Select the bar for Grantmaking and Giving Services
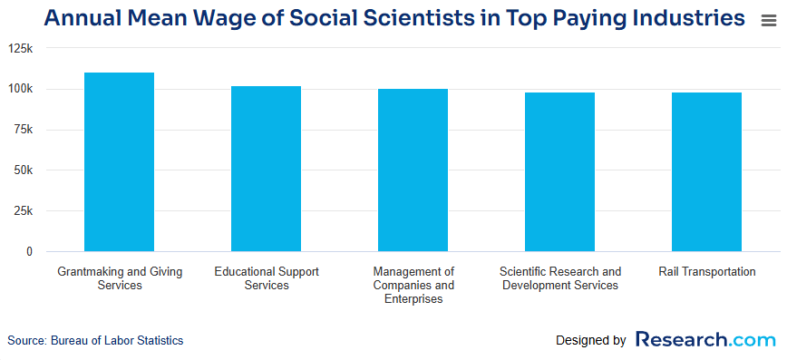click(119, 161)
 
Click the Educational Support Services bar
click(266, 169)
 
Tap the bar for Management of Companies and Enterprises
click(413, 170)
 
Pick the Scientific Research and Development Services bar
click(559, 171)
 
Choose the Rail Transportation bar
click(706, 171)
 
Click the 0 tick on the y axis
click(29, 251)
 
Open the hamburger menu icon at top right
click(768, 21)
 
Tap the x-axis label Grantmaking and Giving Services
click(119, 278)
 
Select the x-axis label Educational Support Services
click(266, 278)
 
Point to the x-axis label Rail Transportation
click(706, 272)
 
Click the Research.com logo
click(705, 340)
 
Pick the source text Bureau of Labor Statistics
click(95, 341)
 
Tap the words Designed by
click(590, 341)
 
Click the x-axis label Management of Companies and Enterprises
click(413, 285)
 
